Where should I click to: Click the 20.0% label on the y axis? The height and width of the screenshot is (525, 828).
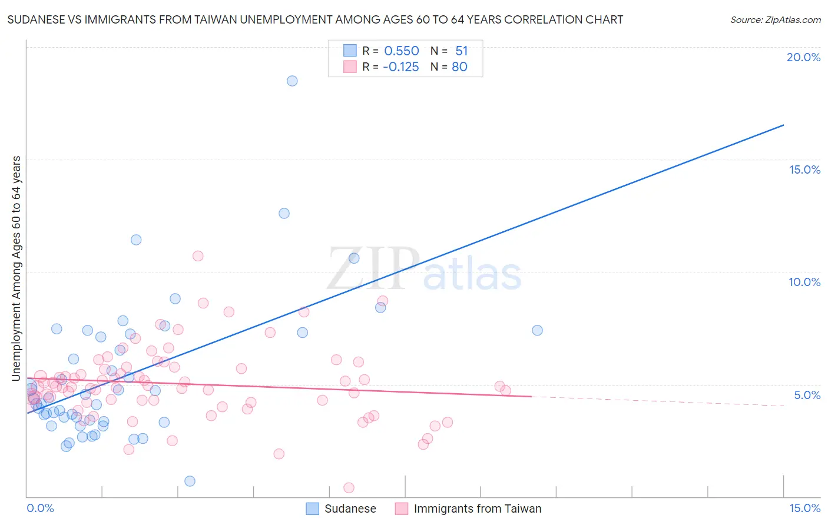coord(803,57)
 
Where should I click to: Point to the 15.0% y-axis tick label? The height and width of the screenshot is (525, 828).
coord(804,170)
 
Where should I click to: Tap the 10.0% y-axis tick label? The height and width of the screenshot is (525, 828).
coord(804,282)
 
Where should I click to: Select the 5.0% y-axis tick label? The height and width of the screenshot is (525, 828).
coord(807,395)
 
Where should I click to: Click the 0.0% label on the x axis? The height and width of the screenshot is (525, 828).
coord(40,508)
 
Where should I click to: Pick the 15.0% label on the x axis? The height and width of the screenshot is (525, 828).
coord(804,508)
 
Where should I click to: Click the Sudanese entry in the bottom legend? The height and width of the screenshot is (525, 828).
coord(350,509)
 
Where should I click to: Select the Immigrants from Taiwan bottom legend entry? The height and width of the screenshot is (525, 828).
coord(477,509)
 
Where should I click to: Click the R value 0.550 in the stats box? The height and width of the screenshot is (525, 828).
coord(402,51)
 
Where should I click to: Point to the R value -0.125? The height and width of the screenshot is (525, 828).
coord(400,67)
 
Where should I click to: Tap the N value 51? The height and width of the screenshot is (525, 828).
coord(461,51)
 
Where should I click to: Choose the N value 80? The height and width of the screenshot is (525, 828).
coord(459,67)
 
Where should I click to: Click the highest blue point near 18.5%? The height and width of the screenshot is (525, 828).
coord(292,81)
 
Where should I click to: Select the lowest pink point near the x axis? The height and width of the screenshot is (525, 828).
coord(349,488)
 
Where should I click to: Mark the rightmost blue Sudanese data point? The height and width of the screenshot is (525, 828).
coord(537,330)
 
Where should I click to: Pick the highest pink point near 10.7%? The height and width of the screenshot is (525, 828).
coord(198,256)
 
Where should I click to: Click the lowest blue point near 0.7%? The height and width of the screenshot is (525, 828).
coord(190,481)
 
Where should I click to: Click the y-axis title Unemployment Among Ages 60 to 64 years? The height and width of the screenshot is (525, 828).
coord(16,268)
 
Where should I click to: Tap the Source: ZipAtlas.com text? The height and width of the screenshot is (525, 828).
coord(775,20)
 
